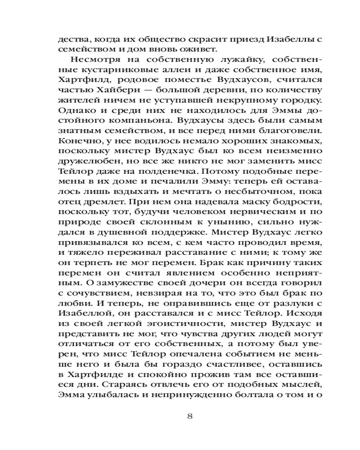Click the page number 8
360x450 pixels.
[189, 416]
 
